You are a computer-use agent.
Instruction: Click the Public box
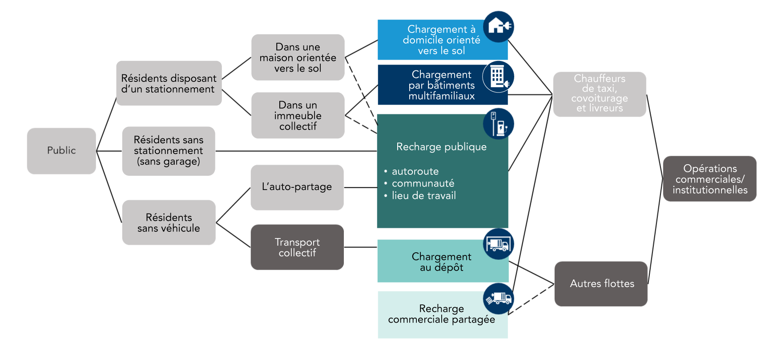[x=61, y=151]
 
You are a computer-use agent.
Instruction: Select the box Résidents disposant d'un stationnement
[x=169, y=83]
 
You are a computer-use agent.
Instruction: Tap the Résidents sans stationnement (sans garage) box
[x=169, y=151]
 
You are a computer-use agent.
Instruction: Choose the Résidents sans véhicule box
[x=169, y=222]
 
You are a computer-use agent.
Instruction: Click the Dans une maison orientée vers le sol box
[x=298, y=57]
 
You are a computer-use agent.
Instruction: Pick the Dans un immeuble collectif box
[x=298, y=115]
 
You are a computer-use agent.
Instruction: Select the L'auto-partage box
[x=297, y=187]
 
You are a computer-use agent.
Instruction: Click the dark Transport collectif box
[x=297, y=247]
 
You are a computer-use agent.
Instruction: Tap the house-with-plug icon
[x=499, y=27]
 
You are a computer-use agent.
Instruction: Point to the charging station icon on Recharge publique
[x=499, y=124]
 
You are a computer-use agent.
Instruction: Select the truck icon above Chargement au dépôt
[x=499, y=244]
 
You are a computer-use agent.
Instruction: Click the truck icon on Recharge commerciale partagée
[x=499, y=298]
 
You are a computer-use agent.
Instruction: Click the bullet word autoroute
[x=415, y=171]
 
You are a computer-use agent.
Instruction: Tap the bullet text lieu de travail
[x=423, y=196]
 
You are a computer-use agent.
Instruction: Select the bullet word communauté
[x=423, y=183]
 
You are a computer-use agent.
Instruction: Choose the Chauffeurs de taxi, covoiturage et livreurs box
[x=600, y=94]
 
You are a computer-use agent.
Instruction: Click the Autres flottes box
[x=601, y=283]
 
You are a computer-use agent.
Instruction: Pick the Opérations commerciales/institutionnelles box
[x=709, y=179]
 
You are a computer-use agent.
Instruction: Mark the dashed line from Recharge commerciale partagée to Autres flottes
[x=532, y=299]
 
